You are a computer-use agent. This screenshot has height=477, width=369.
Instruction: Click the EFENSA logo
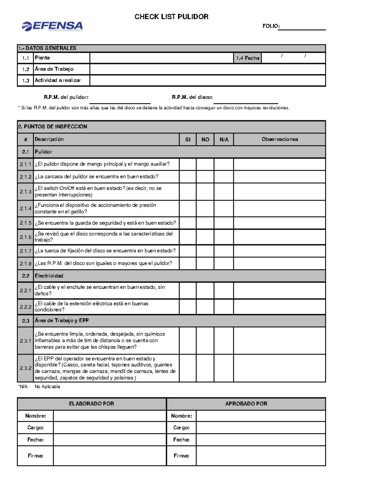point(52,26)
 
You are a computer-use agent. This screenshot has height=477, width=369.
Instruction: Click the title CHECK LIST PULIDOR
point(171,17)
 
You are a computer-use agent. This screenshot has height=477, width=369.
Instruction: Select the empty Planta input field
point(161,58)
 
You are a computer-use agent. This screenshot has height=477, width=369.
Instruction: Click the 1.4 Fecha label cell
point(248,58)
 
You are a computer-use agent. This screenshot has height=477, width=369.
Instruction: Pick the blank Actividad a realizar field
point(208,80)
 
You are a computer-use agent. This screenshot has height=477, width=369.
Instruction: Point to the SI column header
point(188,139)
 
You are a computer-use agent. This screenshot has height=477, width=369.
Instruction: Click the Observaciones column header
point(280,139)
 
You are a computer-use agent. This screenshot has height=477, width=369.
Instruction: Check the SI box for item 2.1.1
point(188,164)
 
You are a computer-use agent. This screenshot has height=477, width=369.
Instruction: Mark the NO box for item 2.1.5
point(205,223)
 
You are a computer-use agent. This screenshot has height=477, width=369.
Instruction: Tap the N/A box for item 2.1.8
point(224,264)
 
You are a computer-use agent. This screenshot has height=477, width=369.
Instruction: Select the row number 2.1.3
point(26,192)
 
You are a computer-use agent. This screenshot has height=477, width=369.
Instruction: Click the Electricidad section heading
point(49,276)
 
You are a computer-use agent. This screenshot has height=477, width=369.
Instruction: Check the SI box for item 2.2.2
point(188,307)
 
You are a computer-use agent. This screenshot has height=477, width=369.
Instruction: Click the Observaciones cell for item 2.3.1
point(280,341)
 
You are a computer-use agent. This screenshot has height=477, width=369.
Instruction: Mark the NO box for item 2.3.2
point(205,368)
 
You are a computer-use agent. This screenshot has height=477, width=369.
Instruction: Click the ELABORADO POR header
point(92,404)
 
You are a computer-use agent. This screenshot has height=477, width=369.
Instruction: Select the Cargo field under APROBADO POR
point(261,428)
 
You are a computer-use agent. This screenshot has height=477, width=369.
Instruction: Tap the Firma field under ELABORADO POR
point(109,456)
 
